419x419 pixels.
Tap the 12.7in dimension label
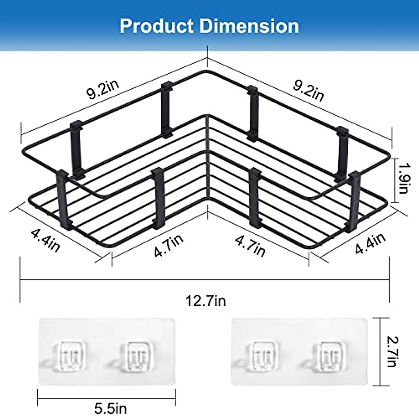pyautogui.click(x=205, y=300)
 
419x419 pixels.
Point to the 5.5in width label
pyautogui.click(x=110, y=407)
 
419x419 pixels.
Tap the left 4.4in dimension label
pyautogui.click(x=45, y=240)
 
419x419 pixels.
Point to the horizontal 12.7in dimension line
pyautogui.click(x=205, y=279)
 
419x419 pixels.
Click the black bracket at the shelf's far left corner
pyautogui.click(x=63, y=199)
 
